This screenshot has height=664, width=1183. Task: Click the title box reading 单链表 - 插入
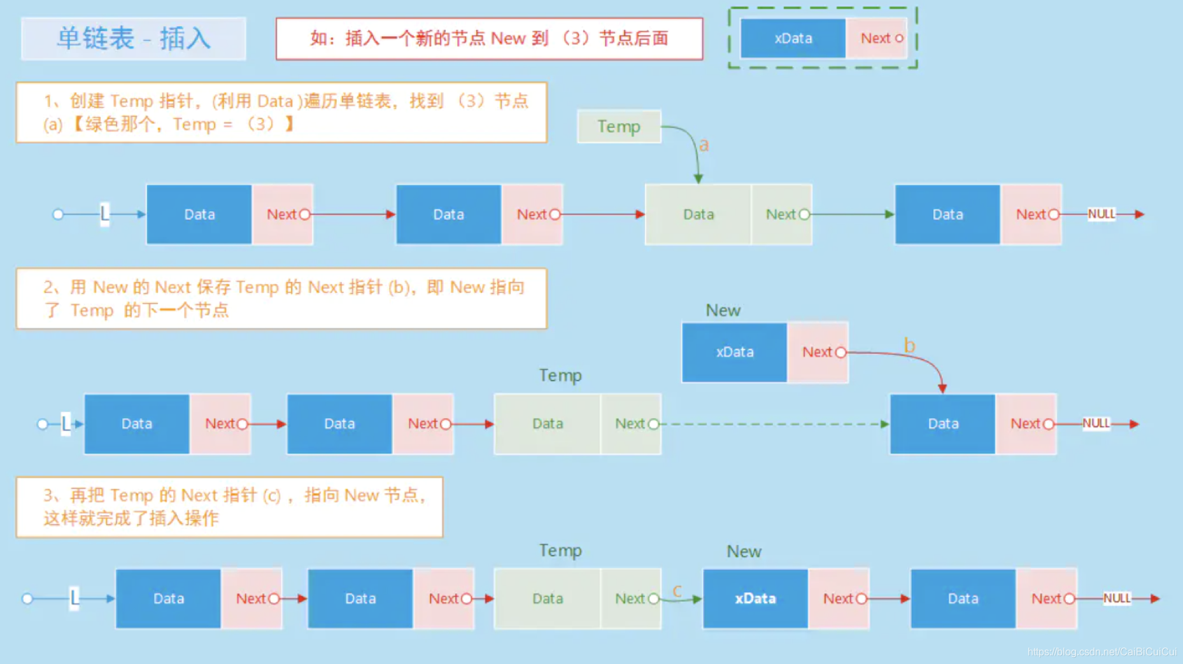[x=133, y=39]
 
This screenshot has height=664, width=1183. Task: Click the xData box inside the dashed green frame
[x=793, y=38]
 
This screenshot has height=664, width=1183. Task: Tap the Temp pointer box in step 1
[x=618, y=127]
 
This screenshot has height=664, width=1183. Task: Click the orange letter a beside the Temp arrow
[x=704, y=145]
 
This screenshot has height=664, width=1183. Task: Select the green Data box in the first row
[x=698, y=215]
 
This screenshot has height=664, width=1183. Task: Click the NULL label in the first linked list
[x=1101, y=214]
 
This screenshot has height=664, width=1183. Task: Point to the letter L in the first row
[x=104, y=214]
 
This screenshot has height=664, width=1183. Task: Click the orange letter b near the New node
[x=909, y=346]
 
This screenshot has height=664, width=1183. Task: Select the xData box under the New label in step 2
[x=734, y=352]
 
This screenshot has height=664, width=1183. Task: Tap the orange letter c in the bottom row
[x=677, y=591]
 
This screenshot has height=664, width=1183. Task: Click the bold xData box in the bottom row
[x=755, y=598]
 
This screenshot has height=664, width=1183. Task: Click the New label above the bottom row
[x=744, y=551]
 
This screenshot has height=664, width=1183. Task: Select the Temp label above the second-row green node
[x=560, y=375]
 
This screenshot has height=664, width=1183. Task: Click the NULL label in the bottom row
[x=1117, y=598]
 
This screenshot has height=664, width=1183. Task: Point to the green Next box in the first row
[x=781, y=215]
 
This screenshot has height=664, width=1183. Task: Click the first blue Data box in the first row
[x=199, y=215]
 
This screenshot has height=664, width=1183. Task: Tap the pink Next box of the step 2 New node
[x=818, y=352]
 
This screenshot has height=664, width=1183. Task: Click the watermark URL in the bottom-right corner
[x=1102, y=652]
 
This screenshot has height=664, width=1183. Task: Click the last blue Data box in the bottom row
[x=963, y=598]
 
